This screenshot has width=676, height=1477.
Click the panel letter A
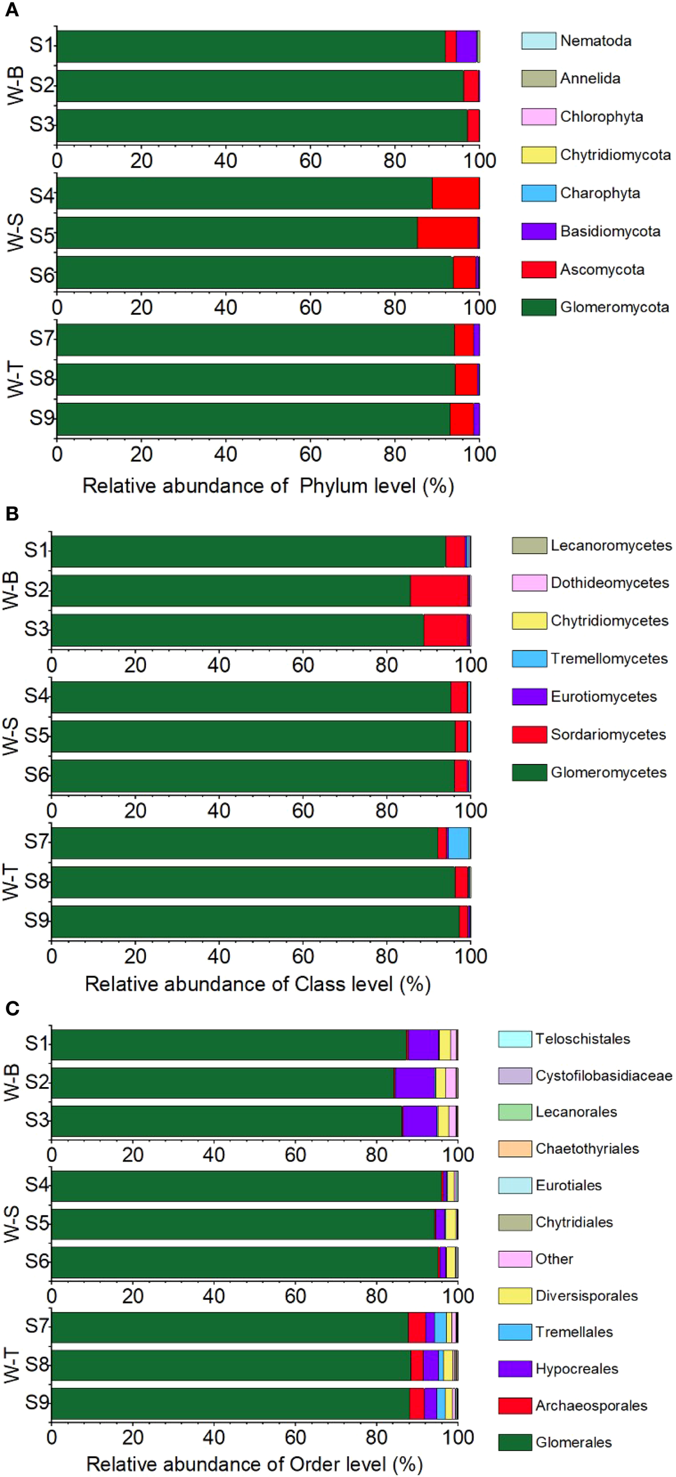pos(11,10)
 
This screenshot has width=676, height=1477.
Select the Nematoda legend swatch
pos(538,41)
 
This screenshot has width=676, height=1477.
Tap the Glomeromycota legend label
pos(614,307)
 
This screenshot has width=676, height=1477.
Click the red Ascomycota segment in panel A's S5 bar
pos(447,233)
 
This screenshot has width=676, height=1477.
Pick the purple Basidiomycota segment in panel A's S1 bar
pos(466,46)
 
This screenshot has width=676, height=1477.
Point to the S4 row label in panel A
pos(41,195)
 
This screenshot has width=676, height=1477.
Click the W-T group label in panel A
pos(16,380)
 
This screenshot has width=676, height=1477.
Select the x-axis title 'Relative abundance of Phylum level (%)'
pos(268,486)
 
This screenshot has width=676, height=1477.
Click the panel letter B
pos(11,513)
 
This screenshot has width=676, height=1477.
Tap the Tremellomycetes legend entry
pos(609,658)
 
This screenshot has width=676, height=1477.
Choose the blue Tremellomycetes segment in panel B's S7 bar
pos(459,843)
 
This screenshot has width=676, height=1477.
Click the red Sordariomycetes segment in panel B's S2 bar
pos(439,590)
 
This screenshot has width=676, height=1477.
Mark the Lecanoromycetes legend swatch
pos(529,545)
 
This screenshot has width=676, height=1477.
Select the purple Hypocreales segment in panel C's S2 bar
pos(415,1082)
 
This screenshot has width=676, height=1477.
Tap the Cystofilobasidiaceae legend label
pos(603,1075)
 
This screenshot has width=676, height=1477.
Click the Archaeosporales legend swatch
pos(515,1406)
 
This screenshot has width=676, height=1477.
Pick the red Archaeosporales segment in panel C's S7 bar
pos(417,1327)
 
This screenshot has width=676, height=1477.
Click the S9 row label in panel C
pos(37,1402)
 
